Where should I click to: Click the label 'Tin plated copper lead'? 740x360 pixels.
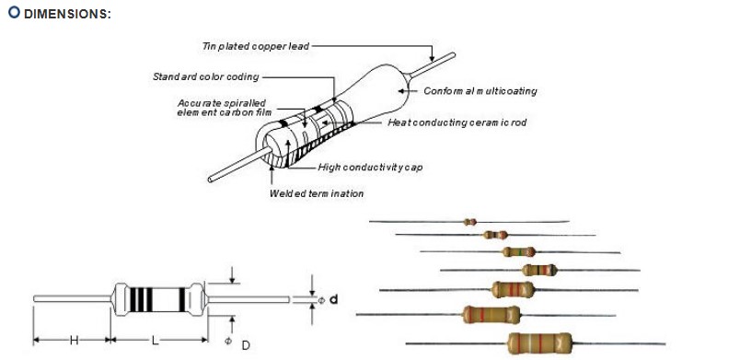click(x=256, y=45)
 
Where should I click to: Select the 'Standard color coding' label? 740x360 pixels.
click(x=205, y=76)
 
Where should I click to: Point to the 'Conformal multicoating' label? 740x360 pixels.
click(x=480, y=91)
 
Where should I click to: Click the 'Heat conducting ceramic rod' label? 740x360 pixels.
click(x=457, y=122)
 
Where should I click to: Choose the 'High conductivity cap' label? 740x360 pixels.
click(x=370, y=167)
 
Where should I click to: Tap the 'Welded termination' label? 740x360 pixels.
click(x=316, y=193)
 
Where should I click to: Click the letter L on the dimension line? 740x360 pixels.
click(x=156, y=340)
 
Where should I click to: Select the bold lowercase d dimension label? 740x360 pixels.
click(x=333, y=299)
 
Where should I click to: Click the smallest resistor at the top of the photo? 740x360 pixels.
click(x=469, y=222)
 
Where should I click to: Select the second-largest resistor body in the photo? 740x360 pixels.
click(x=491, y=315)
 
